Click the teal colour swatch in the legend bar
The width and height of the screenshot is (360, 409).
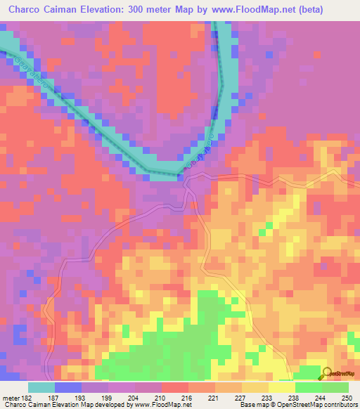(41, 387)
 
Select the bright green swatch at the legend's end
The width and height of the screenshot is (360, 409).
(335, 387)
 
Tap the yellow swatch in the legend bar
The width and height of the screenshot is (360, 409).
(282, 387)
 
